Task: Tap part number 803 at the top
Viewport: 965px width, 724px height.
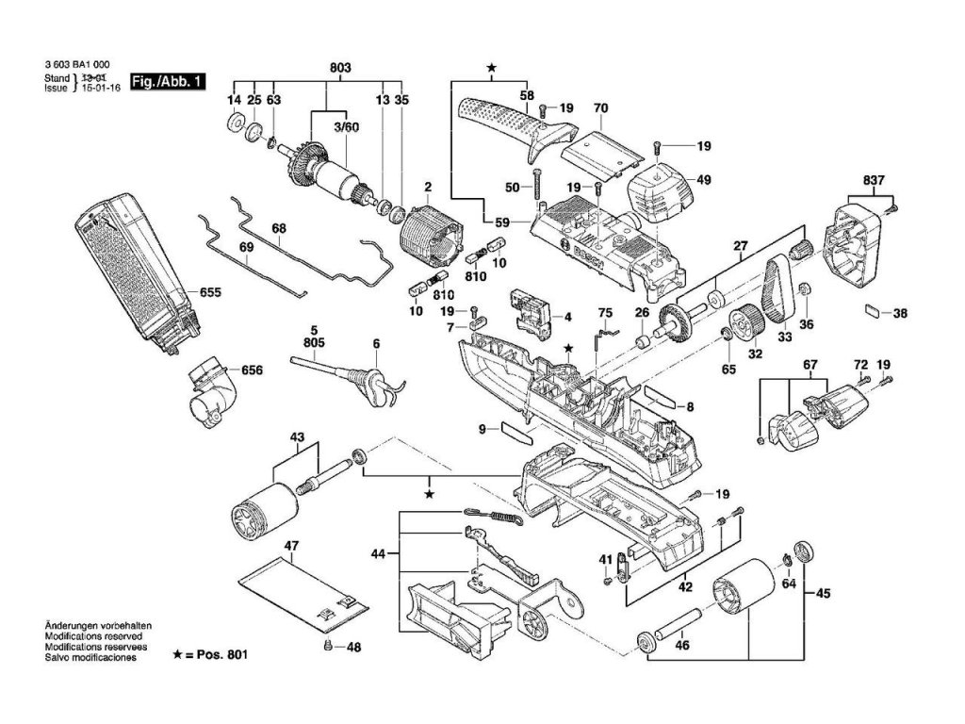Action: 340,68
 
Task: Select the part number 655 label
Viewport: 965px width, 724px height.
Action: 210,293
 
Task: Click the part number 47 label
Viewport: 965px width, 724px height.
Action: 291,545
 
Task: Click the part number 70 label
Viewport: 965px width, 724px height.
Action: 600,108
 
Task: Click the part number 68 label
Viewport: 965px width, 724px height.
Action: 279,229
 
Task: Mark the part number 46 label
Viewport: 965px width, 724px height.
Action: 682,646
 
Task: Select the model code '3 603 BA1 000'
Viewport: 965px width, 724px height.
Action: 78,67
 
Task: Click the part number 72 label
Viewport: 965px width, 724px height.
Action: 859,364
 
